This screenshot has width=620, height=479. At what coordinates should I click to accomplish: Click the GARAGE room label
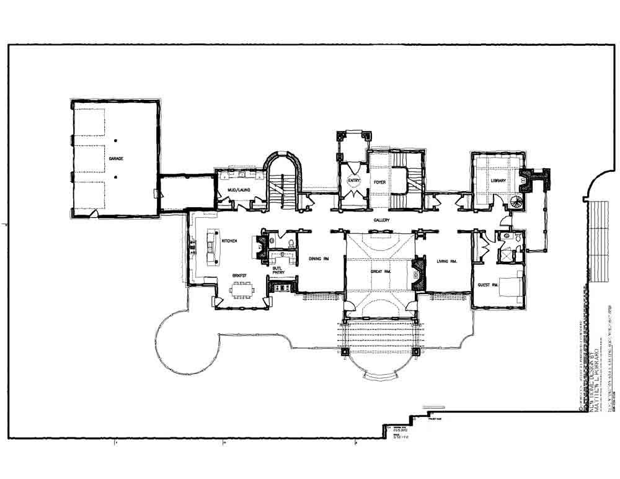point(116,159)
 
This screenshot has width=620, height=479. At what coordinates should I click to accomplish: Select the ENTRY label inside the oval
point(354,181)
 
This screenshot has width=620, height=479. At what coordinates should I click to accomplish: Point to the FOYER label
point(380,182)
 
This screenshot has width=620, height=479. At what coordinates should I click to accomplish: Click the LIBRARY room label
point(498,181)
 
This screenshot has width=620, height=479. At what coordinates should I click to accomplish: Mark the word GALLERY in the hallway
point(381,220)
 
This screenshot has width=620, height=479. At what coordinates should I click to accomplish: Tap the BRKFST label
point(241,274)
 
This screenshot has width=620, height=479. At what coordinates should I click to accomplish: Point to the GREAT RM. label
point(380,271)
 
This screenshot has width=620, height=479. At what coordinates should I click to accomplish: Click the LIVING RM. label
point(446,261)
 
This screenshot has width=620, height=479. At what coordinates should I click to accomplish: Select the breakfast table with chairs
point(242,290)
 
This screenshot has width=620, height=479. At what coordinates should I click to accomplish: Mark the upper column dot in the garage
point(115,140)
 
